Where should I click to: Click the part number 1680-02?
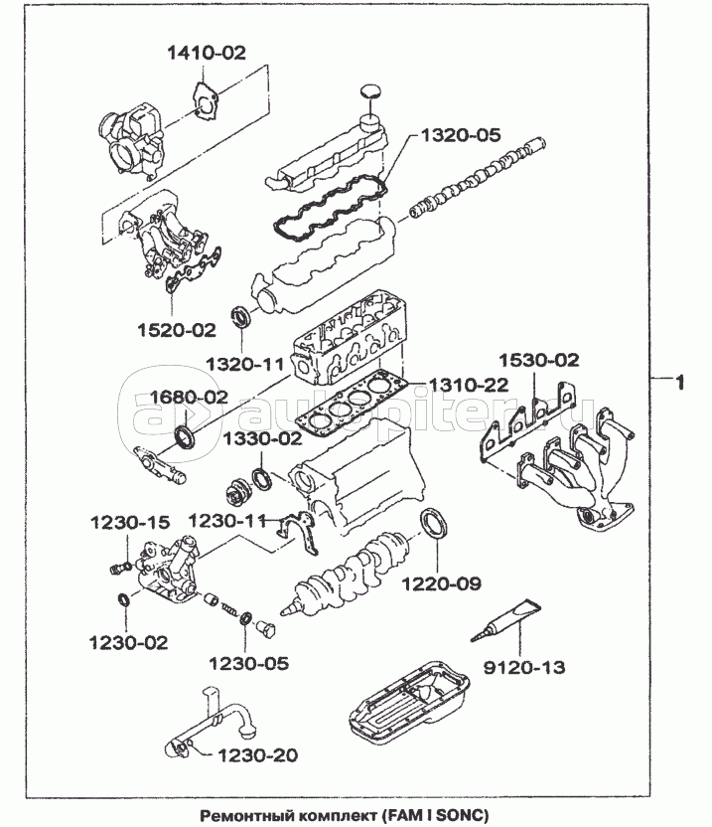coord(189,397)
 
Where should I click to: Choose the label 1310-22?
coord(471,383)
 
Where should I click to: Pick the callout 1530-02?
coord(538,360)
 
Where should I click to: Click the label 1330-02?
coord(262,437)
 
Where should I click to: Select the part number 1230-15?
coord(131,521)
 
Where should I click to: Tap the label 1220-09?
coord(442,583)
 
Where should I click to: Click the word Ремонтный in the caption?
coord(242,816)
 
